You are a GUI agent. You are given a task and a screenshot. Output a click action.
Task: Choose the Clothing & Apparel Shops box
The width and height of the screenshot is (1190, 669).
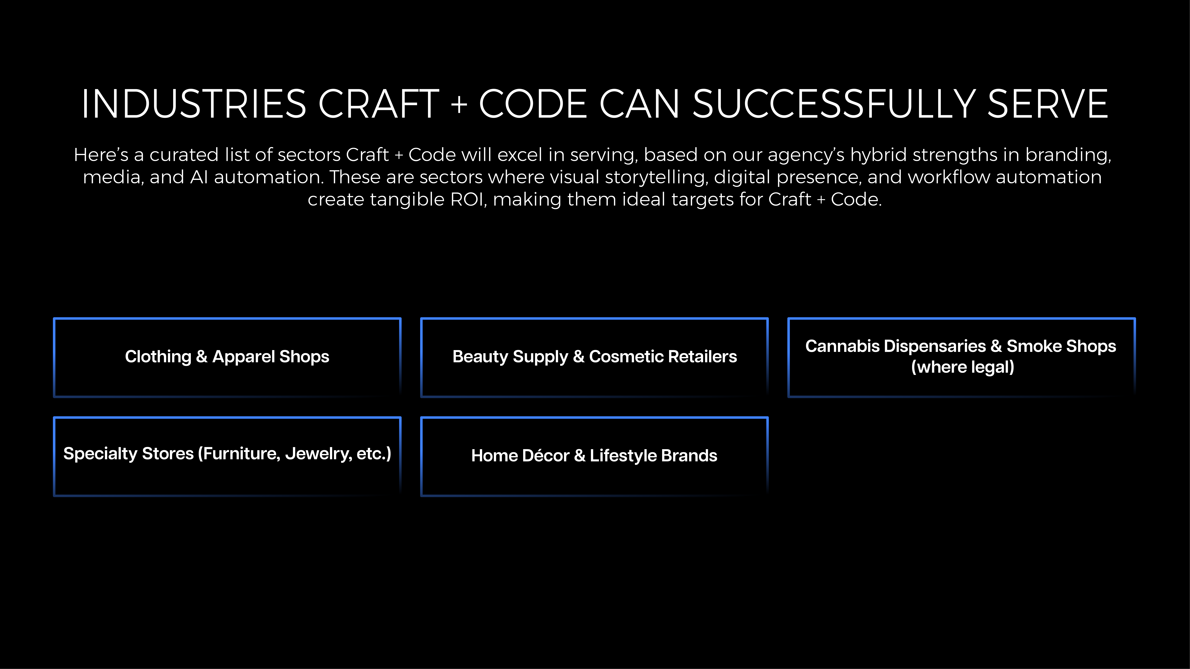pos(227,357)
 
